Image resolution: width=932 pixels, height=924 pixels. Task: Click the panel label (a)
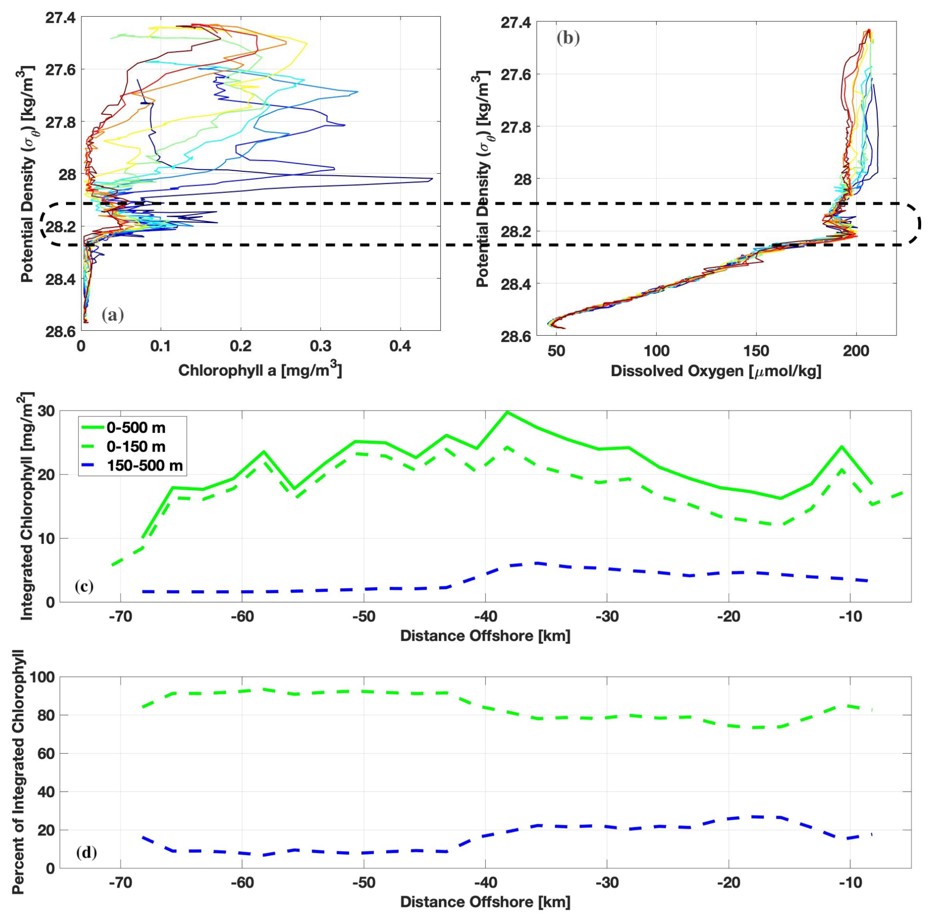tap(113, 315)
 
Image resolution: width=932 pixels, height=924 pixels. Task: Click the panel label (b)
tap(568, 38)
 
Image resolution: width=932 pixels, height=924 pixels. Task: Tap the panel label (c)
tap(84, 586)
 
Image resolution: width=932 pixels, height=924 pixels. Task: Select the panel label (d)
tap(86, 852)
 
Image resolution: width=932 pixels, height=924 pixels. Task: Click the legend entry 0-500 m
tap(136, 428)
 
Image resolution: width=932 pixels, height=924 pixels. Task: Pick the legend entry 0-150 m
tap(136, 446)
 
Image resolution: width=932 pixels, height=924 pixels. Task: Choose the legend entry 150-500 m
tap(145, 465)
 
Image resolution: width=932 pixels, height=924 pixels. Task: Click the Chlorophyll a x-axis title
tap(260, 370)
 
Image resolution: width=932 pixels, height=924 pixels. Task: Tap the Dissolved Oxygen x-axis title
tap(716, 371)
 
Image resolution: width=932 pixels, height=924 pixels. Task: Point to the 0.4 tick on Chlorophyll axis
tap(400, 347)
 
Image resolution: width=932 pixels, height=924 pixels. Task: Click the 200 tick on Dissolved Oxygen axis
tap(856, 351)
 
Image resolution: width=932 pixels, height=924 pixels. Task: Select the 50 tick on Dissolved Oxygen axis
tap(556, 351)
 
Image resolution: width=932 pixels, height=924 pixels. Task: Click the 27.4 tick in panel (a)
tap(61, 18)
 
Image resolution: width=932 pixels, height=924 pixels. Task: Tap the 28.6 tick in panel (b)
tap(516, 336)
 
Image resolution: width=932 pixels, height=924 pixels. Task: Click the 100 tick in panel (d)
tap(42, 677)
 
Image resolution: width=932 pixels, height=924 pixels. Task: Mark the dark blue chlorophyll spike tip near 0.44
tap(432, 179)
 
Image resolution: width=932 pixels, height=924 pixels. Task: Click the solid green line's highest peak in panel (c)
tap(507, 412)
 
